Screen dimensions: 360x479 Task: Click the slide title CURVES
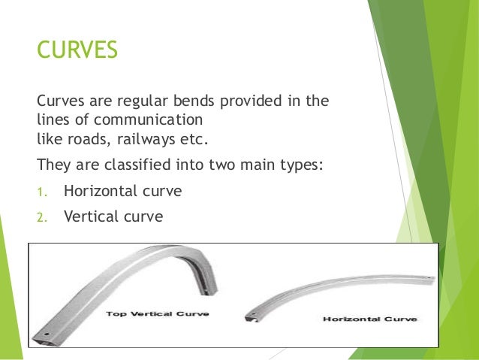point(77,50)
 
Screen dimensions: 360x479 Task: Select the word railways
point(147,138)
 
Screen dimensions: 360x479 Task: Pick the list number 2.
point(41,219)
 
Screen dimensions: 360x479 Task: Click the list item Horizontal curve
point(122,191)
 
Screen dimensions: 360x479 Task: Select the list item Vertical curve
point(113,217)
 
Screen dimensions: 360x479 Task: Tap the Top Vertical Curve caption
point(157,312)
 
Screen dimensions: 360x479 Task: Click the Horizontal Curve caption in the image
point(369,319)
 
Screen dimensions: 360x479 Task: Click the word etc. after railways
point(189,138)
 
